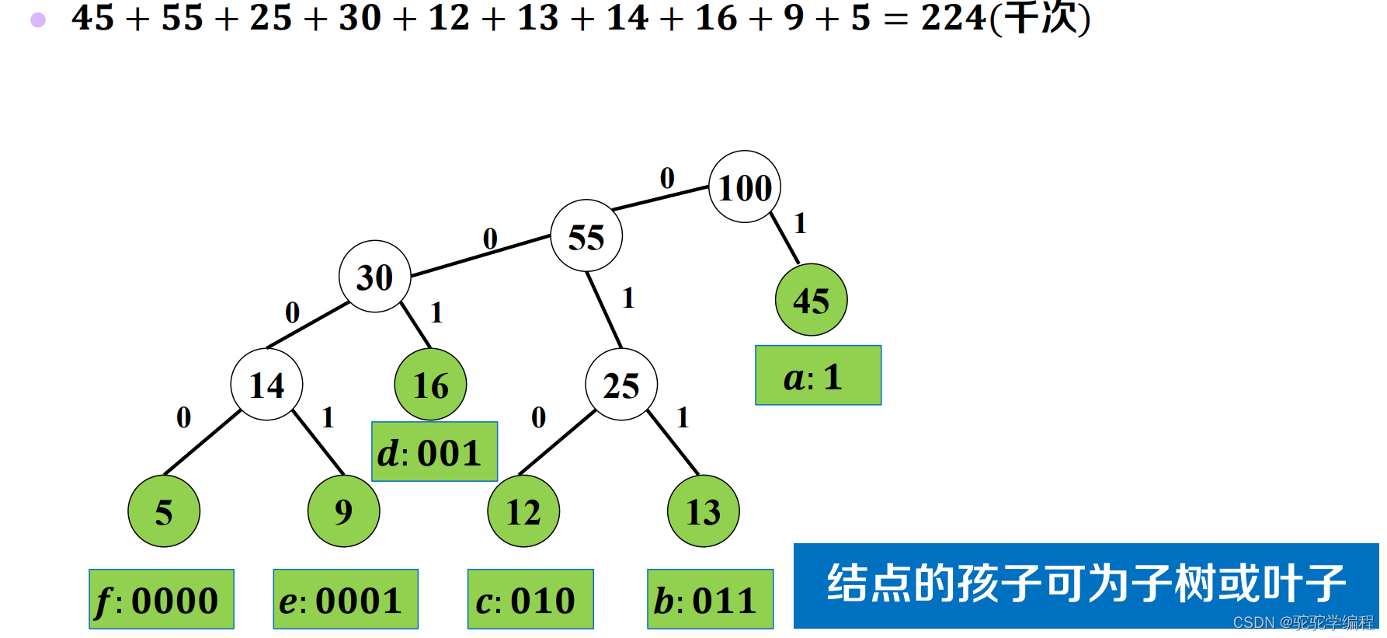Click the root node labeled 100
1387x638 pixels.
click(x=745, y=187)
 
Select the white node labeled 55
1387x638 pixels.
click(x=586, y=236)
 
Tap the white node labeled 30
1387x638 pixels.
click(x=375, y=277)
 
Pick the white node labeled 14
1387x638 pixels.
click(x=266, y=385)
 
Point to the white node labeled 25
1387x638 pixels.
click(x=621, y=385)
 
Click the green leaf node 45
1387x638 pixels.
click(x=811, y=300)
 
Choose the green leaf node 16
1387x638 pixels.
click(x=430, y=385)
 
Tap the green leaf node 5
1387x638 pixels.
click(x=164, y=511)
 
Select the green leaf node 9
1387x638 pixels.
click(x=343, y=511)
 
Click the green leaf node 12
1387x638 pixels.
click(x=523, y=511)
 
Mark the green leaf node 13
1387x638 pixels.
click(x=703, y=511)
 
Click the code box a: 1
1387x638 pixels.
click(x=818, y=375)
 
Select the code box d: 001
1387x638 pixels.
click(x=434, y=451)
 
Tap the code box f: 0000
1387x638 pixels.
click(x=162, y=599)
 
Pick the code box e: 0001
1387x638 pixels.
click(x=346, y=599)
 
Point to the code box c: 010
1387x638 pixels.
click(x=530, y=599)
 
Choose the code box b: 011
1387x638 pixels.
click(x=710, y=599)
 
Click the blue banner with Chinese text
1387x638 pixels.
click(x=1086, y=584)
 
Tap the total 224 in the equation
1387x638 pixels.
click(x=954, y=17)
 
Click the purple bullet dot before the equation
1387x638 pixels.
click(x=38, y=20)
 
